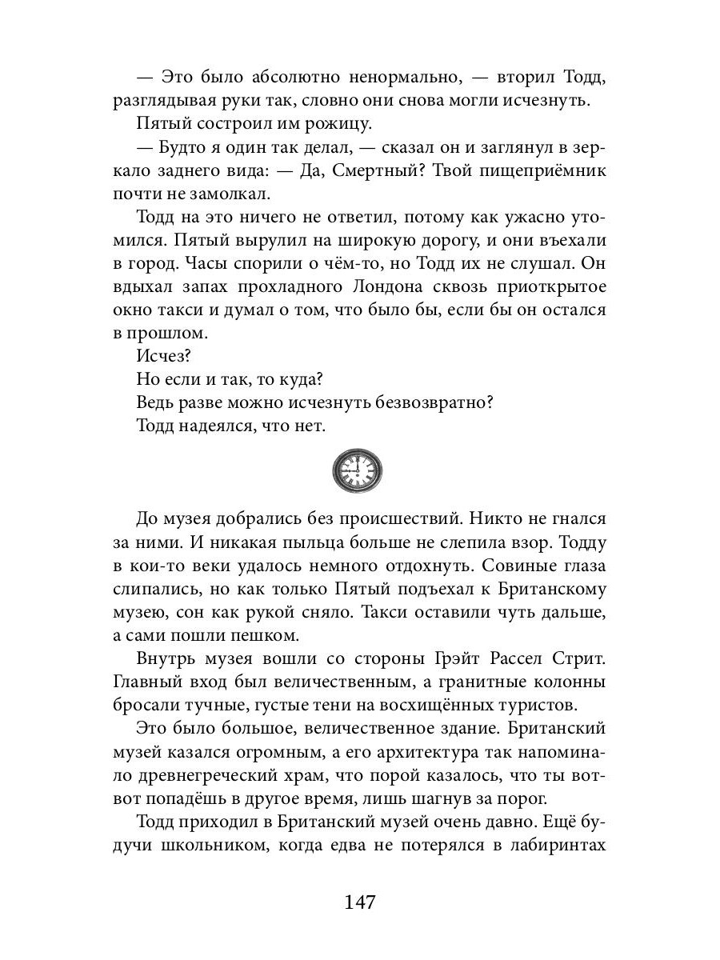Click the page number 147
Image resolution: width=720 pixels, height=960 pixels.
tap(360, 902)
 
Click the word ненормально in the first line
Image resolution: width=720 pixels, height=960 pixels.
tap(390, 78)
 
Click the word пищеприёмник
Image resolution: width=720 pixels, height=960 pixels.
tap(522, 193)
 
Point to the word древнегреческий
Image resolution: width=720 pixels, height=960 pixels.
tap(201, 777)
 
